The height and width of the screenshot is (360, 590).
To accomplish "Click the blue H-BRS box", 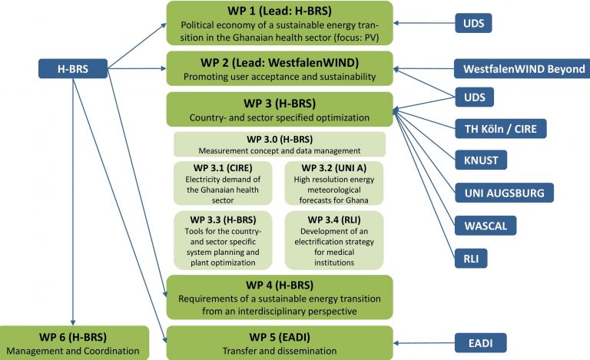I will [x=72, y=69].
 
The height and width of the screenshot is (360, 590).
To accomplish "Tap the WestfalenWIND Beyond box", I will [x=523, y=69].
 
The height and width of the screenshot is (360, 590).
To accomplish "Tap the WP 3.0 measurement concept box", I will [x=279, y=144].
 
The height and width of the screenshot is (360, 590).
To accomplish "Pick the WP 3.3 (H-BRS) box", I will [x=223, y=239].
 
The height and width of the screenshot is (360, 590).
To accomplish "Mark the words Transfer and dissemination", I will [x=279, y=351].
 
